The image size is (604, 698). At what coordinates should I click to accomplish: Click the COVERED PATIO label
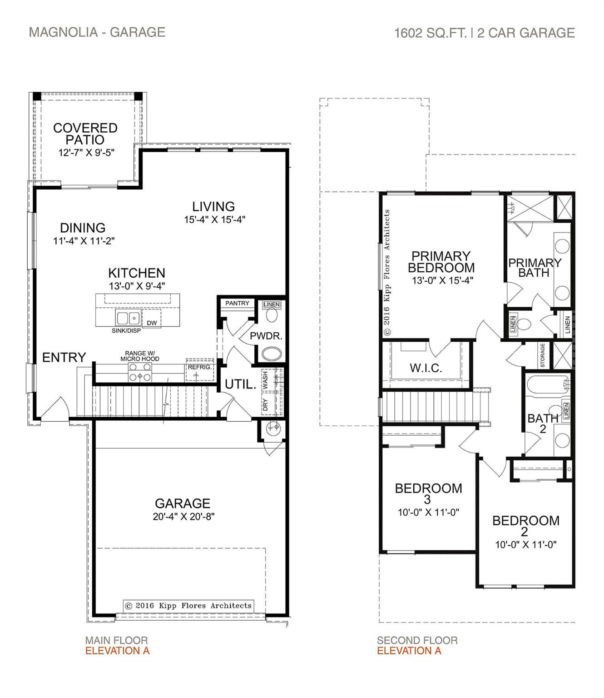coord(85,134)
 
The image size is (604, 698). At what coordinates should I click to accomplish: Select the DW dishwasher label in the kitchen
coord(152,323)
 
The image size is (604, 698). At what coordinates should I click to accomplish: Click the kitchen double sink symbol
coord(128,318)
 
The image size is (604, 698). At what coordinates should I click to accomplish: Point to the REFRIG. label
coord(200,367)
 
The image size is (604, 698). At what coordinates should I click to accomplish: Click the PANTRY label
coord(237,303)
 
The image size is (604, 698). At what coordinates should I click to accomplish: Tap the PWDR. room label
coord(266,336)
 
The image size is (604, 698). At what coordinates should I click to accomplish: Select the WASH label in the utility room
coord(265,381)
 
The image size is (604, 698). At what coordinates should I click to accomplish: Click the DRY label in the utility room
coord(265,405)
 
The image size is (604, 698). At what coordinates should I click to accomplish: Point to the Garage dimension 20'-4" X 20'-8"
coord(183,517)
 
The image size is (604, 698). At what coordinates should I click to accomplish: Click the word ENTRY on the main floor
coord(64,358)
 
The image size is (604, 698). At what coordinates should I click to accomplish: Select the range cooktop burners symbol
coord(140,371)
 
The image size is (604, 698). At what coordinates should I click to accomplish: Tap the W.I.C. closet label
coord(426,368)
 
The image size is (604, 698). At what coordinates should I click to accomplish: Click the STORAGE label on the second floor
coord(542,355)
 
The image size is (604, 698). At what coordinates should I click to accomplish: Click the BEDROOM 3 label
coord(428,494)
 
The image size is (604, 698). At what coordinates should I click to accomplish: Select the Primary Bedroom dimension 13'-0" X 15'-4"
coord(442,281)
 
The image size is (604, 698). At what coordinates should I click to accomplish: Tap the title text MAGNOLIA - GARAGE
coord(97,32)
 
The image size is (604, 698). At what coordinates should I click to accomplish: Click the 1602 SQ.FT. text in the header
coord(430,33)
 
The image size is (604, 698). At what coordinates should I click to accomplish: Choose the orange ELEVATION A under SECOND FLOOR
coord(409,651)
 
